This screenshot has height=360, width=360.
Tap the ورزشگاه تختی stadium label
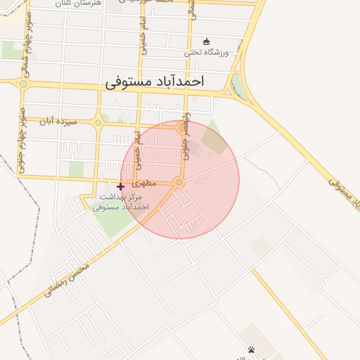pos(212,52)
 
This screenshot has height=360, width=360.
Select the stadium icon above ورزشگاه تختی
pos(206,41)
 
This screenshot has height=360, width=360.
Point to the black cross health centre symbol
pos(120,186)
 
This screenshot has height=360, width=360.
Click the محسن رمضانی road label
pos(67,280)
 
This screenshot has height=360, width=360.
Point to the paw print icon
pos(251,349)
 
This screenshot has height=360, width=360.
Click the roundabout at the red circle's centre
pos(179,183)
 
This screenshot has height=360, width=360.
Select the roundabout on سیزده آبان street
pos(98,123)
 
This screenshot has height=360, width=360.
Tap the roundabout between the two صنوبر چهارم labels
pos(23,84)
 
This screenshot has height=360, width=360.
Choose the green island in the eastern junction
pos(240,86)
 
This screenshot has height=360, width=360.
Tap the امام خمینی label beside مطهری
pos(139,144)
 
